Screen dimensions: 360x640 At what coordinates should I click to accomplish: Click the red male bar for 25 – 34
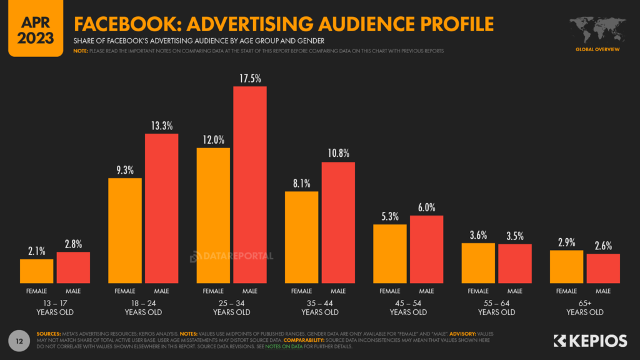click(250, 185)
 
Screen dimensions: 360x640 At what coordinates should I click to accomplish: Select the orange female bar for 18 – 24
click(125, 231)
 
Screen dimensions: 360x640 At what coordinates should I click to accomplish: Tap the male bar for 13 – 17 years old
click(73, 267)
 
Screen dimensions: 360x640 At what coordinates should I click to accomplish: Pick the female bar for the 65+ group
click(566, 267)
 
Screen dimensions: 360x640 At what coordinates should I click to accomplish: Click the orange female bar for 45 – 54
click(390, 254)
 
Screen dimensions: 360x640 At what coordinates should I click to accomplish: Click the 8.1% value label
click(301, 183)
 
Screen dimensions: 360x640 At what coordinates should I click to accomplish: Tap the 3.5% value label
click(514, 236)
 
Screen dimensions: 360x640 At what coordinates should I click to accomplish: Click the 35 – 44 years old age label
click(320, 307)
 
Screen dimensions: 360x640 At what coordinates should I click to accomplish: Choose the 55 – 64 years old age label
click(496, 307)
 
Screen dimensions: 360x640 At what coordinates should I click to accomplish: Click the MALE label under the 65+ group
click(603, 291)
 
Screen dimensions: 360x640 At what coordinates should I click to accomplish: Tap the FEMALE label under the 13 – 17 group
click(36, 291)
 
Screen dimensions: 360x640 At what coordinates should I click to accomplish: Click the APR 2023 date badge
click(36, 28)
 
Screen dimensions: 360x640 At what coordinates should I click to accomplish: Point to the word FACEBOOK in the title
click(119, 24)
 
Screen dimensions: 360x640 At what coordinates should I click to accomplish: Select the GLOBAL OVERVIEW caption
click(597, 49)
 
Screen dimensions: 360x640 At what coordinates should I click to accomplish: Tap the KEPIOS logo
click(590, 341)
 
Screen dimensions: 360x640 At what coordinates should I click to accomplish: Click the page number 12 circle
click(20, 341)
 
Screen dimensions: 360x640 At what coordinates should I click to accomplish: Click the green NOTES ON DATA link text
click(284, 346)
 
